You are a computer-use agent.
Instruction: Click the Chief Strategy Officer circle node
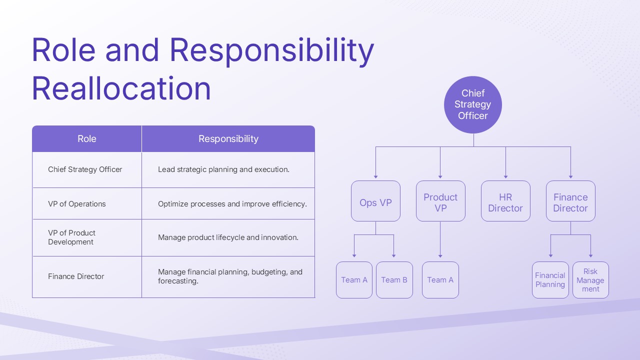(x=473, y=104)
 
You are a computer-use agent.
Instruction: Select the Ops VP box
(x=375, y=201)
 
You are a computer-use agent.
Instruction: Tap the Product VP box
(x=440, y=201)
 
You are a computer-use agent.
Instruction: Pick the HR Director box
(x=505, y=201)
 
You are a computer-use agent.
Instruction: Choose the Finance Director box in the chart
(x=570, y=201)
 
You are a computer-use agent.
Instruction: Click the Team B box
(x=394, y=280)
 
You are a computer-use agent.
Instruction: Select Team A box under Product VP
(x=440, y=280)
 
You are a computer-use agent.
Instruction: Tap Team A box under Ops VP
(x=354, y=280)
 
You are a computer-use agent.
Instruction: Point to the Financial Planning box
(x=550, y=280)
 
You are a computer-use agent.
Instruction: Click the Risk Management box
(x=590, y=280)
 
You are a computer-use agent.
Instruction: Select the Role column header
(x=87, y=139)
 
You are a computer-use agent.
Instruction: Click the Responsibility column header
(x=228, y=139)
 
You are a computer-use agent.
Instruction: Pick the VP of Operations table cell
(x=87, y=204)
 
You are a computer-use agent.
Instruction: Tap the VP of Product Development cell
(x=87, y=237)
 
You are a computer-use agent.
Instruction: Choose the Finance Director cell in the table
(x=87, y=276)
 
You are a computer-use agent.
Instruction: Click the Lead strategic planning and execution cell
(x=228, y=169)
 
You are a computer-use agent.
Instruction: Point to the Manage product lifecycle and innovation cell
(x=228, y=237)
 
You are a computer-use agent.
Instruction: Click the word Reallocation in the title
(x=121, y=88)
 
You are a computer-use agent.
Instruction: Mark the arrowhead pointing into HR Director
(x=505, y=176)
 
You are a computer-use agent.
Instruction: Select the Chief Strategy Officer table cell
(x=87, y=169)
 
